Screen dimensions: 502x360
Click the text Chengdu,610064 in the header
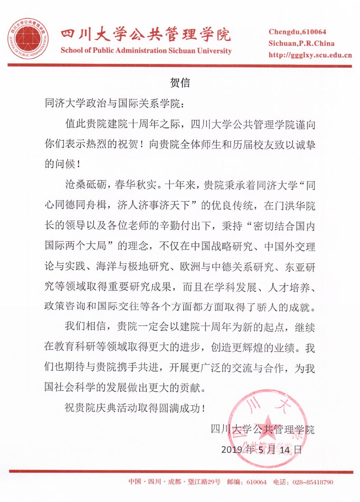297,32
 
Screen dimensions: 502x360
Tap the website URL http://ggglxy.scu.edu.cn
309,55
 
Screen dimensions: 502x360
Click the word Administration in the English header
143,51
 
